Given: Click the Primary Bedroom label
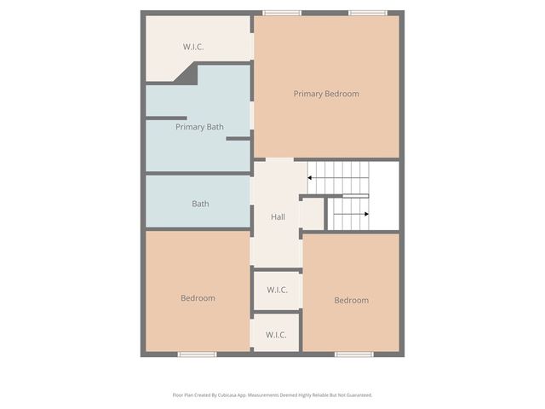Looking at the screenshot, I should coord(326,94).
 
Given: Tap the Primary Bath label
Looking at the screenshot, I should coord(199,127).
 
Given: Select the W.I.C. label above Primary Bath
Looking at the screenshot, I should coord(193,47).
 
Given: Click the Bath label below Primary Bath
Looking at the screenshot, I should coord(200,204).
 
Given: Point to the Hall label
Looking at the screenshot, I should coord(278,217).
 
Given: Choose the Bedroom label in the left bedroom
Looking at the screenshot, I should coord(198,298).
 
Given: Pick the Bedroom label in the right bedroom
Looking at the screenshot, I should coord(351,300).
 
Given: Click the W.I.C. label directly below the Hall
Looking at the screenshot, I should coord(277,290).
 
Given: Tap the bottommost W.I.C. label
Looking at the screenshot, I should coord(276,335).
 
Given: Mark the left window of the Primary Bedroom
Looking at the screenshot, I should coord(282,13).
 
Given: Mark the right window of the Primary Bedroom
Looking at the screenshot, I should coord(368,13).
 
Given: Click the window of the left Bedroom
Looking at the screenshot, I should coord(197,354).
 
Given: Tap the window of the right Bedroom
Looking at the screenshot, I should coord(353,354).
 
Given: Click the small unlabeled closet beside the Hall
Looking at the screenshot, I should coord(313,214).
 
